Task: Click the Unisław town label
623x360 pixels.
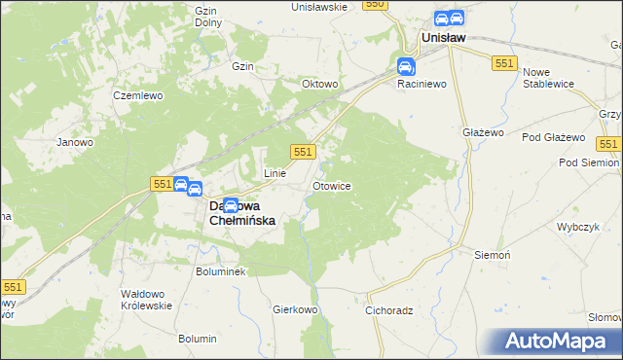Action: tap(443, 37)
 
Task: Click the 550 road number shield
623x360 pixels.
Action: tap(376, 5)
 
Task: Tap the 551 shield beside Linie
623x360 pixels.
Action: tap(303, 152)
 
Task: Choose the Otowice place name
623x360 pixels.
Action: tap(331, 185)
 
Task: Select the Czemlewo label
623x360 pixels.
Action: tap(135, 96)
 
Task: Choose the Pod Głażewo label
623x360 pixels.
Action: tap(552, 137)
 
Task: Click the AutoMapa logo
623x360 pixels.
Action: tap(558, 341)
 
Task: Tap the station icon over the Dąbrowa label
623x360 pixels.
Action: tap(231, 205)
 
